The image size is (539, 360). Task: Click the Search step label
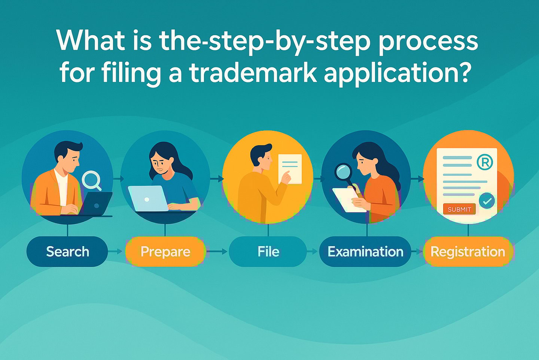pyautogui.click(x=67, y=252)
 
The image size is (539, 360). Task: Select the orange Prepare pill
pyautogui.click(x=165, y=252)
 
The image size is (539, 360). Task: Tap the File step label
pyautogui.click(x=268, y=252)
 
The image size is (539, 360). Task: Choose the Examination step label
pyautogui.click(x=365, y=252)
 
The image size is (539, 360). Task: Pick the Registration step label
pyautogui.click(x=468, y=252)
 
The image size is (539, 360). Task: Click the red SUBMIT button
pyautogui.click(x=459, y=209)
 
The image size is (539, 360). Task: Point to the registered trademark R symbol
pyautogui.click(x=485, y=162)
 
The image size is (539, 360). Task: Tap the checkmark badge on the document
pyautogui.click(x=487, y=201)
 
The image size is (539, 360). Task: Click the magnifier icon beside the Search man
pyautogui.click(x=91, y=180)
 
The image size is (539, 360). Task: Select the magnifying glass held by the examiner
pyautogui.click(x=343, y=172)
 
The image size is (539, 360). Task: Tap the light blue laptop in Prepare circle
pyautogui.click(x=148, y=199)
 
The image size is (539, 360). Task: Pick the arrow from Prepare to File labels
pyautogui.click(x=217, y=251)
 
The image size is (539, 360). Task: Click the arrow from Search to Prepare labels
pyautogui.click(x=116, y=251)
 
